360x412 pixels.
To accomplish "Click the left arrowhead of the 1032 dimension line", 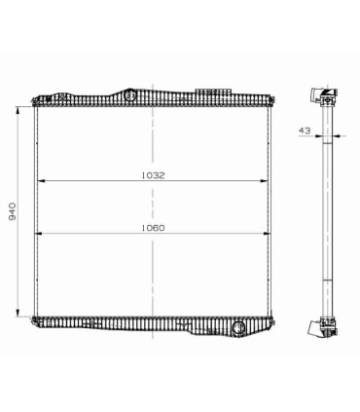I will tap(41, 181).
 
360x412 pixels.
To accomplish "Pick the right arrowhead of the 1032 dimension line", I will tap(267, 181).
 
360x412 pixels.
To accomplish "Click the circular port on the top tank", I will tap(129, 95).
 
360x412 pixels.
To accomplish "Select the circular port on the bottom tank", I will tap(236, 328).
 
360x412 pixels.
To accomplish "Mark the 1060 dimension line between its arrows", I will tap(97, 233).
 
